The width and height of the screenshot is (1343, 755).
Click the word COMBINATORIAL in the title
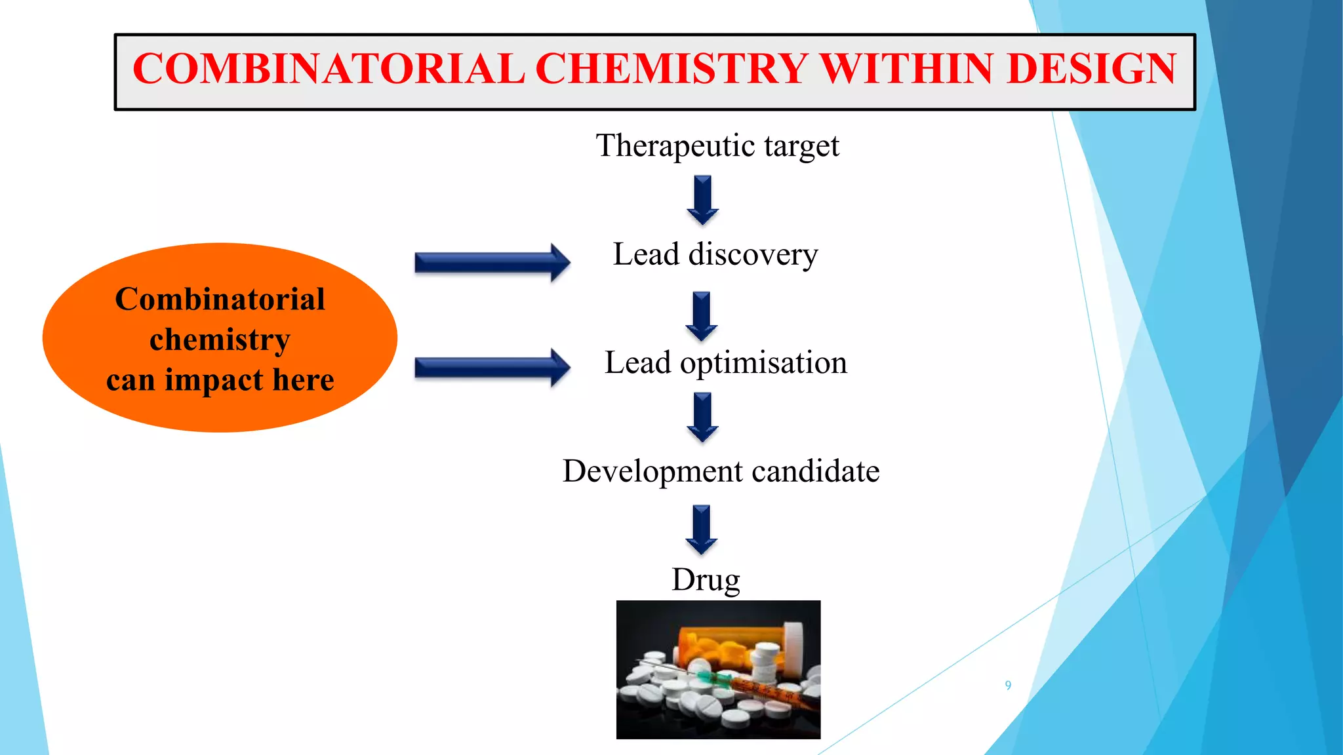point(329,69)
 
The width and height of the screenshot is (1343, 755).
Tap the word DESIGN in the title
point(1091,69)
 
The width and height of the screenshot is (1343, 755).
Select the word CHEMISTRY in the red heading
point(671,69)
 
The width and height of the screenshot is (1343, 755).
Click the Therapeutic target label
point(717,145)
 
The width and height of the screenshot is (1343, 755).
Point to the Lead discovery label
point(715,254)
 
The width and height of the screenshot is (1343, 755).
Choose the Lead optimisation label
point(725,362)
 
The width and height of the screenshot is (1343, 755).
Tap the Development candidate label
point(721,471)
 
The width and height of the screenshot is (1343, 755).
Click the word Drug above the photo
point(706,580)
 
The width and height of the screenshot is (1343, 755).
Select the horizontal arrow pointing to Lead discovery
point(492,263)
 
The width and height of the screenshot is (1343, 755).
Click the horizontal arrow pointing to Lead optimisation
point(492,368)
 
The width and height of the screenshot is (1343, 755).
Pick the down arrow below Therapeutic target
point(703,200)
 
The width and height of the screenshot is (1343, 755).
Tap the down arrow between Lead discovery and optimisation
point(702,316)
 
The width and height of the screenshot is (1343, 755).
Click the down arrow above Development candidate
point(703,417)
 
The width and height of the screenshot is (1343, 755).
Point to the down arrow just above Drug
point(702,530)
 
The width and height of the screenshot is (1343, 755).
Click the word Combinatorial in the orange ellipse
point(220,300)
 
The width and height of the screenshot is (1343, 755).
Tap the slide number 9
point(1008,686)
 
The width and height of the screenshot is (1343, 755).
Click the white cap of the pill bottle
point(794,646)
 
